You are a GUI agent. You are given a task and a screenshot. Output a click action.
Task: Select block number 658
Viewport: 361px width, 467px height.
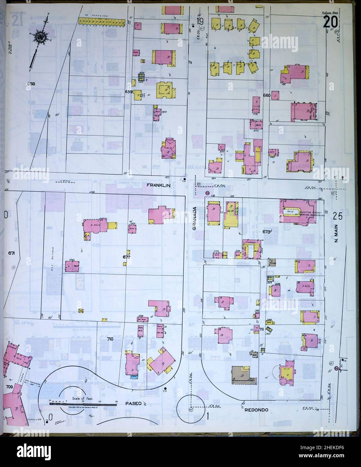(31, 84)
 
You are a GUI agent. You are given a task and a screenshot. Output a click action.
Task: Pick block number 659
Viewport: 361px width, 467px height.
(128, 91)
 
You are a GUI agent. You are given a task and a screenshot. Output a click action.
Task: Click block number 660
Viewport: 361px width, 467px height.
(267, 95)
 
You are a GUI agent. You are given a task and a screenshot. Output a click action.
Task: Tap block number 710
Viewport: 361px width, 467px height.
(110, 339)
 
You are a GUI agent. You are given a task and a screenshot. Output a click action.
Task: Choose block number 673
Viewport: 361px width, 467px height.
(267, 231)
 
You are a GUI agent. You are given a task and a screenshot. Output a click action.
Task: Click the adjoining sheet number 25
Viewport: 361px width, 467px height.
(337, 216)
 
